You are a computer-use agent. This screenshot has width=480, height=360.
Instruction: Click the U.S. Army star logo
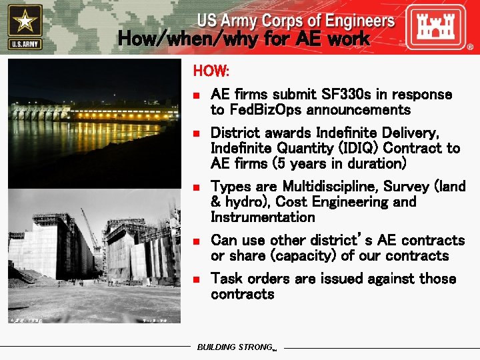tap(25, 27)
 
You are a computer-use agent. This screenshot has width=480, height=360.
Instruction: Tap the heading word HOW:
tap(211, 70)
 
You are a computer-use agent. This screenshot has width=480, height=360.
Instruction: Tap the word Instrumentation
tap(263, 217)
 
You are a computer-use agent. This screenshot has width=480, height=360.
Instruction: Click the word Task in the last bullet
tap(227, 279)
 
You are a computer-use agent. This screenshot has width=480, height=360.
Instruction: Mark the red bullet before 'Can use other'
tap(197, 241)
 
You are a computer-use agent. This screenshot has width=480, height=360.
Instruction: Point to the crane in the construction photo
tap(90, 227)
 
